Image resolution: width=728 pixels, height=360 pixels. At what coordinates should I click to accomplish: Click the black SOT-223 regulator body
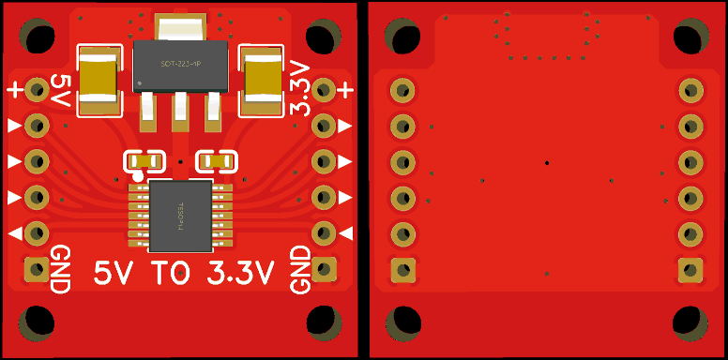point(181,65)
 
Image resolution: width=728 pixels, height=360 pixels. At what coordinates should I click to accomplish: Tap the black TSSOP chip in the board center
point(181,217)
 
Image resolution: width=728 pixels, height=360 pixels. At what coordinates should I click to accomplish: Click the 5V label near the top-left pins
point(61,91)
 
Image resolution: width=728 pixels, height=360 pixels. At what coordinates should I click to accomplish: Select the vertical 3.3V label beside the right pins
point(300,88)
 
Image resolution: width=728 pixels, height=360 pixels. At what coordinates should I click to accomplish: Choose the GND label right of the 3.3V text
point(300,269)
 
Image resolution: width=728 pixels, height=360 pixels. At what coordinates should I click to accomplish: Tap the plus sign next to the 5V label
point(15,90)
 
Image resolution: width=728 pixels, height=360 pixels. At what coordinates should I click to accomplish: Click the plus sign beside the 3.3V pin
point(345,90)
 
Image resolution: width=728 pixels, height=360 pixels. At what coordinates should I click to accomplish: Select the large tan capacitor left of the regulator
point(99,79)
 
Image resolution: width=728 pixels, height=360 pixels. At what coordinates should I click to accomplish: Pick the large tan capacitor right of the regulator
point(264,79)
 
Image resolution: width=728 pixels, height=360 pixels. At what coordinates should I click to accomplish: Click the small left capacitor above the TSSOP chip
point(144,162)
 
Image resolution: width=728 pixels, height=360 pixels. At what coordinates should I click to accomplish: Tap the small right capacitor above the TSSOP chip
point(217,162)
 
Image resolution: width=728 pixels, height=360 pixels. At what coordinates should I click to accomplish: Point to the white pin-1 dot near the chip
point(139,175)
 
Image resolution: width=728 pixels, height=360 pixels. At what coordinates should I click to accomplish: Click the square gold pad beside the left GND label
point(37,270)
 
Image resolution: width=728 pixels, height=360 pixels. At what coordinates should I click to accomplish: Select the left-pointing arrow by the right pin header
point(346,232)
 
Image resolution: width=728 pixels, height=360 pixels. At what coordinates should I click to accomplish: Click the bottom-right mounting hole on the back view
point(690,322)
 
